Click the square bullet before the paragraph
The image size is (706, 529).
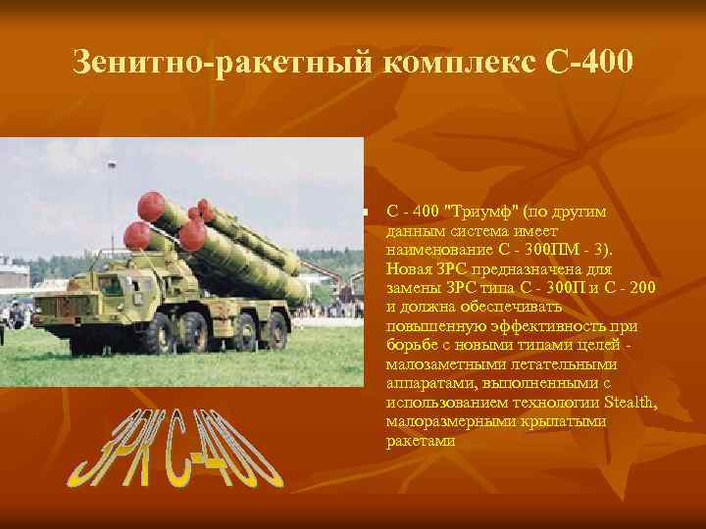(364, 213)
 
